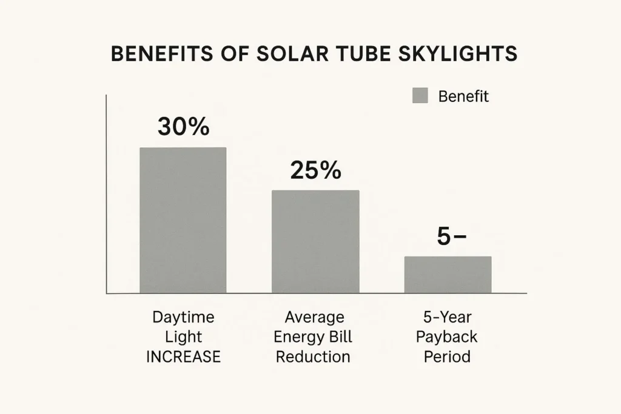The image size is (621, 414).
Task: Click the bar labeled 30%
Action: pyautogui.click(x=183, y=221)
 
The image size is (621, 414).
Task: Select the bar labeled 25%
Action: pyautogui.click(x=315, y=242)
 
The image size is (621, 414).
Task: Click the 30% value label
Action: pyautogui.click(x=183, y=127)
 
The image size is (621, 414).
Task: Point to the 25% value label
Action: pyautogui.click(x=315, y=171)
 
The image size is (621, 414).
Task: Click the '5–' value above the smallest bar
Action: pyautogui.click(x=451, y=237)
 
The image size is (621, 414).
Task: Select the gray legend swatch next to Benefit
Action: pyautogui.click(x=420, y=96)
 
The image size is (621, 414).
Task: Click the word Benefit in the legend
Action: pyautogui.click(x=463, y=96)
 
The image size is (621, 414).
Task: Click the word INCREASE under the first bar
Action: pyautogui.click(x=183, y=357)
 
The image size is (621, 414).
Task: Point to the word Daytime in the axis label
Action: pyautogui.click(x=183, y=317)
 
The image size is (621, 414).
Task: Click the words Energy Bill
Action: pyautogui.click(x=314, y=337)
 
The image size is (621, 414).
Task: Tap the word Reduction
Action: pyautogui.click(x=314, y=357)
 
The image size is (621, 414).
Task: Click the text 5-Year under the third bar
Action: pyautogui.click(x=447, y=317)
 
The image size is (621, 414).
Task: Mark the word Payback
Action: pyautogui.click(x=447, y=337)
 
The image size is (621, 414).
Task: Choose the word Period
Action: pyautogui.click(x=447, y=357)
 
